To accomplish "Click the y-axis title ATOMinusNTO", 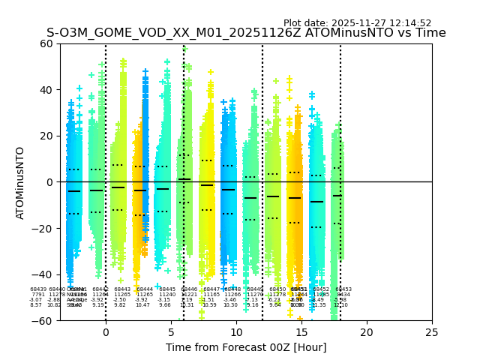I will (21, 182).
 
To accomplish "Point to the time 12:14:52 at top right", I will (410, 23).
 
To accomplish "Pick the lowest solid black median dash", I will (316, 202).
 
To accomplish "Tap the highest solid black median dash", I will (184, 179).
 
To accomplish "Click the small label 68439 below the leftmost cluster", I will (38, 289).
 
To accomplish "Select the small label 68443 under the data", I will (122, 289).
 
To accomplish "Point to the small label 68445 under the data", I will (167, 289).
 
